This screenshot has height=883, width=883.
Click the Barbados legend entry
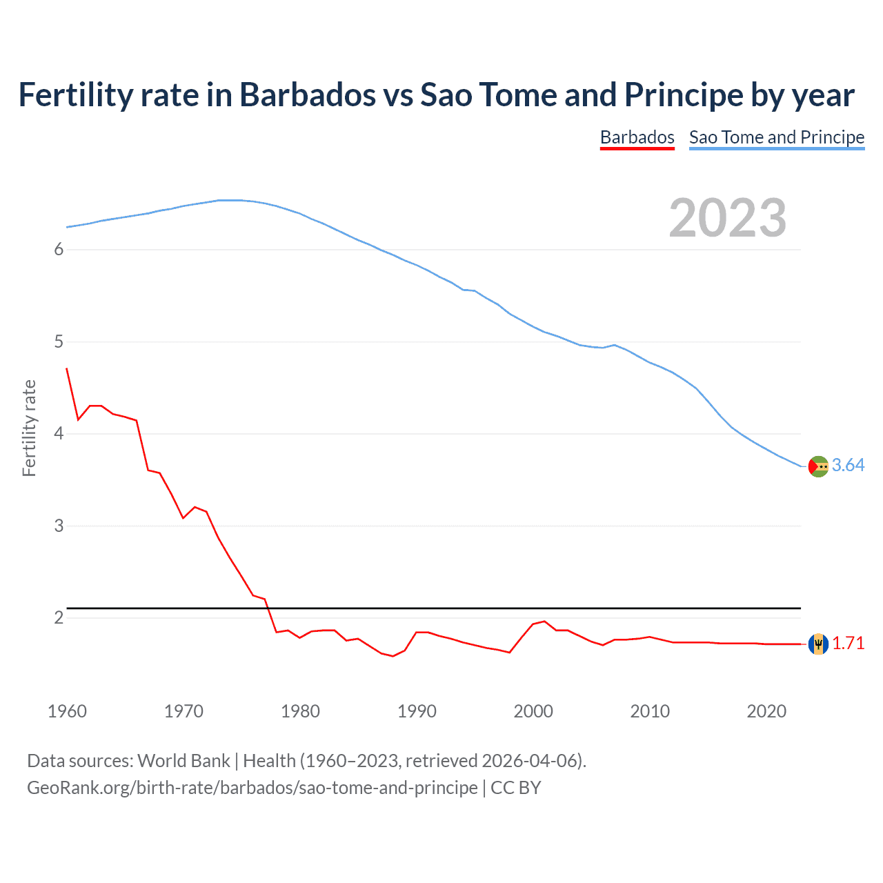(637, 137)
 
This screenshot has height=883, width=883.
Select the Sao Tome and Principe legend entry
(777, 137)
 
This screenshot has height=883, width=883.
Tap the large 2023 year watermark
(728, 218)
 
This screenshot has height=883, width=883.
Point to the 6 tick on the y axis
(59, 250)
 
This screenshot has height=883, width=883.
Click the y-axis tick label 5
(59, 342)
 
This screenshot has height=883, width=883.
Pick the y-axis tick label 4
(59, 434)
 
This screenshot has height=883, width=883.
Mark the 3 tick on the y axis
(59, 526)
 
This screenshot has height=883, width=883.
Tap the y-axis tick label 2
(59, 618)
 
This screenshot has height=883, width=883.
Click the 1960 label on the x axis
(67, 711)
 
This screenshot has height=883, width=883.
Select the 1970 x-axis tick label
(183, 711)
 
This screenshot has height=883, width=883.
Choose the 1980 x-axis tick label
(300, 711)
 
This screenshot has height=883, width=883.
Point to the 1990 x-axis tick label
(417, 711)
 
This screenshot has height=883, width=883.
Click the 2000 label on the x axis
(533, 711)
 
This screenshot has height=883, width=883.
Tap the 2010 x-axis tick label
(650, 711)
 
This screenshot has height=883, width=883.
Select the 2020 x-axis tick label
(766, 711)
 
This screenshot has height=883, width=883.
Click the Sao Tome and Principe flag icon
(818, 466)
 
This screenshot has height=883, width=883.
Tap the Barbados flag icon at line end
(818, 644)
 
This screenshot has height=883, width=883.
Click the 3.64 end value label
(848, 466)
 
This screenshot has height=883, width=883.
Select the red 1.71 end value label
(848, 643)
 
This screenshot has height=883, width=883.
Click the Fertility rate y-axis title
(29, 428)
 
